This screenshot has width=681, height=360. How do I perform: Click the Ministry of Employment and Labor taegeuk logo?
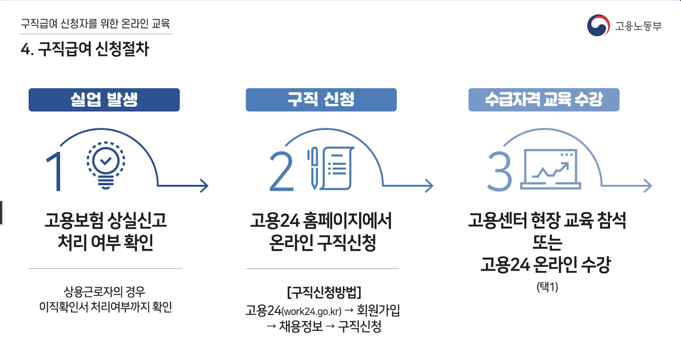tap(598, 26)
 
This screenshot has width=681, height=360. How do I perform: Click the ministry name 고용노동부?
tap(638, 26)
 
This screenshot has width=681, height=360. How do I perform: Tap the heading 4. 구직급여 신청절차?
tap(85, 49)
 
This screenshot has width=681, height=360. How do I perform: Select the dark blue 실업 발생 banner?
tap(104, 100)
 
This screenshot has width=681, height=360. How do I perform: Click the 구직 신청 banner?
tap(321, 100)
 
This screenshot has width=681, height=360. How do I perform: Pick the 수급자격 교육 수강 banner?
tap(544, 100)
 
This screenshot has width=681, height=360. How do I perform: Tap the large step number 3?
tap(500, 172)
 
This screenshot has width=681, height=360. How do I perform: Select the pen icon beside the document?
tap(314, 168)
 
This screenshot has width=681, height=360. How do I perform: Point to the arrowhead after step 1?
tap(204, 186)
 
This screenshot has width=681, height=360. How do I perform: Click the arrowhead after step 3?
tap(648, 186)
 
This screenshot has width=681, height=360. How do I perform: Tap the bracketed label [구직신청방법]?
tap(324, 292)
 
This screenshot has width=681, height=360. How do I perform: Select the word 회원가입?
tap(378, 310)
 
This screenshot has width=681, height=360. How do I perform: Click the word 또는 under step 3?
tap(547, 243)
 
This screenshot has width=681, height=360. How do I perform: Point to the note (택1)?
tap(547, 287)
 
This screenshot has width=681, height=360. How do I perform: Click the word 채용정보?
tap(301, 327)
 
